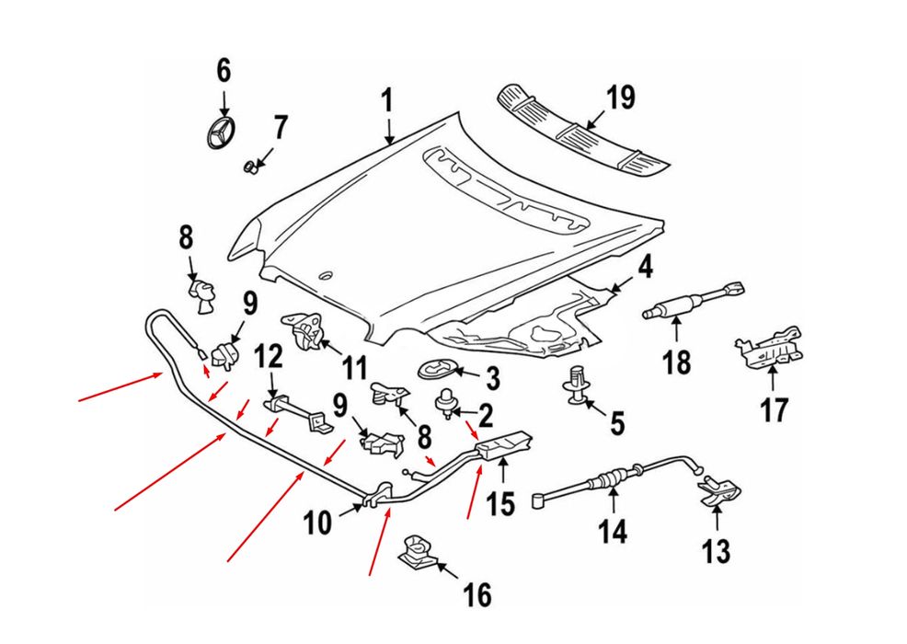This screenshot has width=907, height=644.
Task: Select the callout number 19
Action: click(621, 98)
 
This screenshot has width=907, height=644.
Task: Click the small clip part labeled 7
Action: click(250, 167)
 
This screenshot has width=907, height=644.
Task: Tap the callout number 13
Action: click(716, 551)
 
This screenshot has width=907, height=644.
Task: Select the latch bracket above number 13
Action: click(718, 492)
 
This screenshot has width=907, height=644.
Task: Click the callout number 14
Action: click(614, 531)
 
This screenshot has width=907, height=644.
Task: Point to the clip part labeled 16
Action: click(419, 551)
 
